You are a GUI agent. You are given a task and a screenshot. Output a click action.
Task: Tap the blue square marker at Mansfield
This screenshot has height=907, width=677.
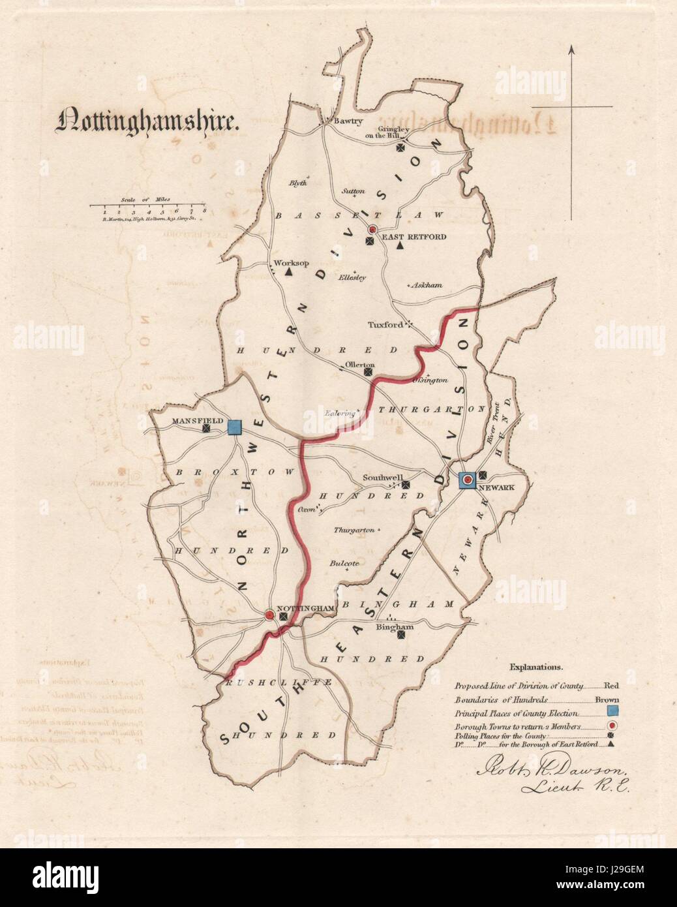tap(235, 427)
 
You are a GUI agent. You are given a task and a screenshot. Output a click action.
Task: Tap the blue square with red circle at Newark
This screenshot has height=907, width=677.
tap(467, 480)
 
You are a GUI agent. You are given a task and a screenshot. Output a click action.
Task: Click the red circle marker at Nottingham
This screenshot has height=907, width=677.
tap(270, 615)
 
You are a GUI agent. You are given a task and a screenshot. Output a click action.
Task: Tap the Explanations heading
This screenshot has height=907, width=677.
tap(536, 668)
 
